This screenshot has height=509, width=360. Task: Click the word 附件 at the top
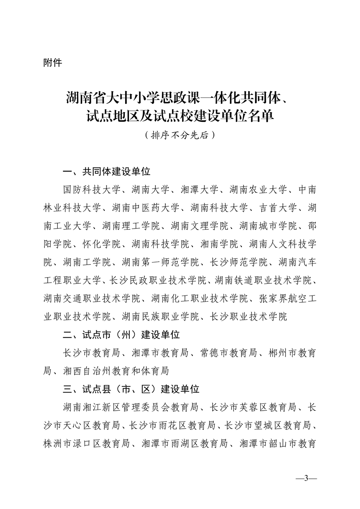(x=52, y=63)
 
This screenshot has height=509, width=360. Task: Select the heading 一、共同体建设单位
(x=106, y=172)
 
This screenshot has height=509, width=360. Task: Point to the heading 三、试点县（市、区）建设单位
(x=131, y=389)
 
